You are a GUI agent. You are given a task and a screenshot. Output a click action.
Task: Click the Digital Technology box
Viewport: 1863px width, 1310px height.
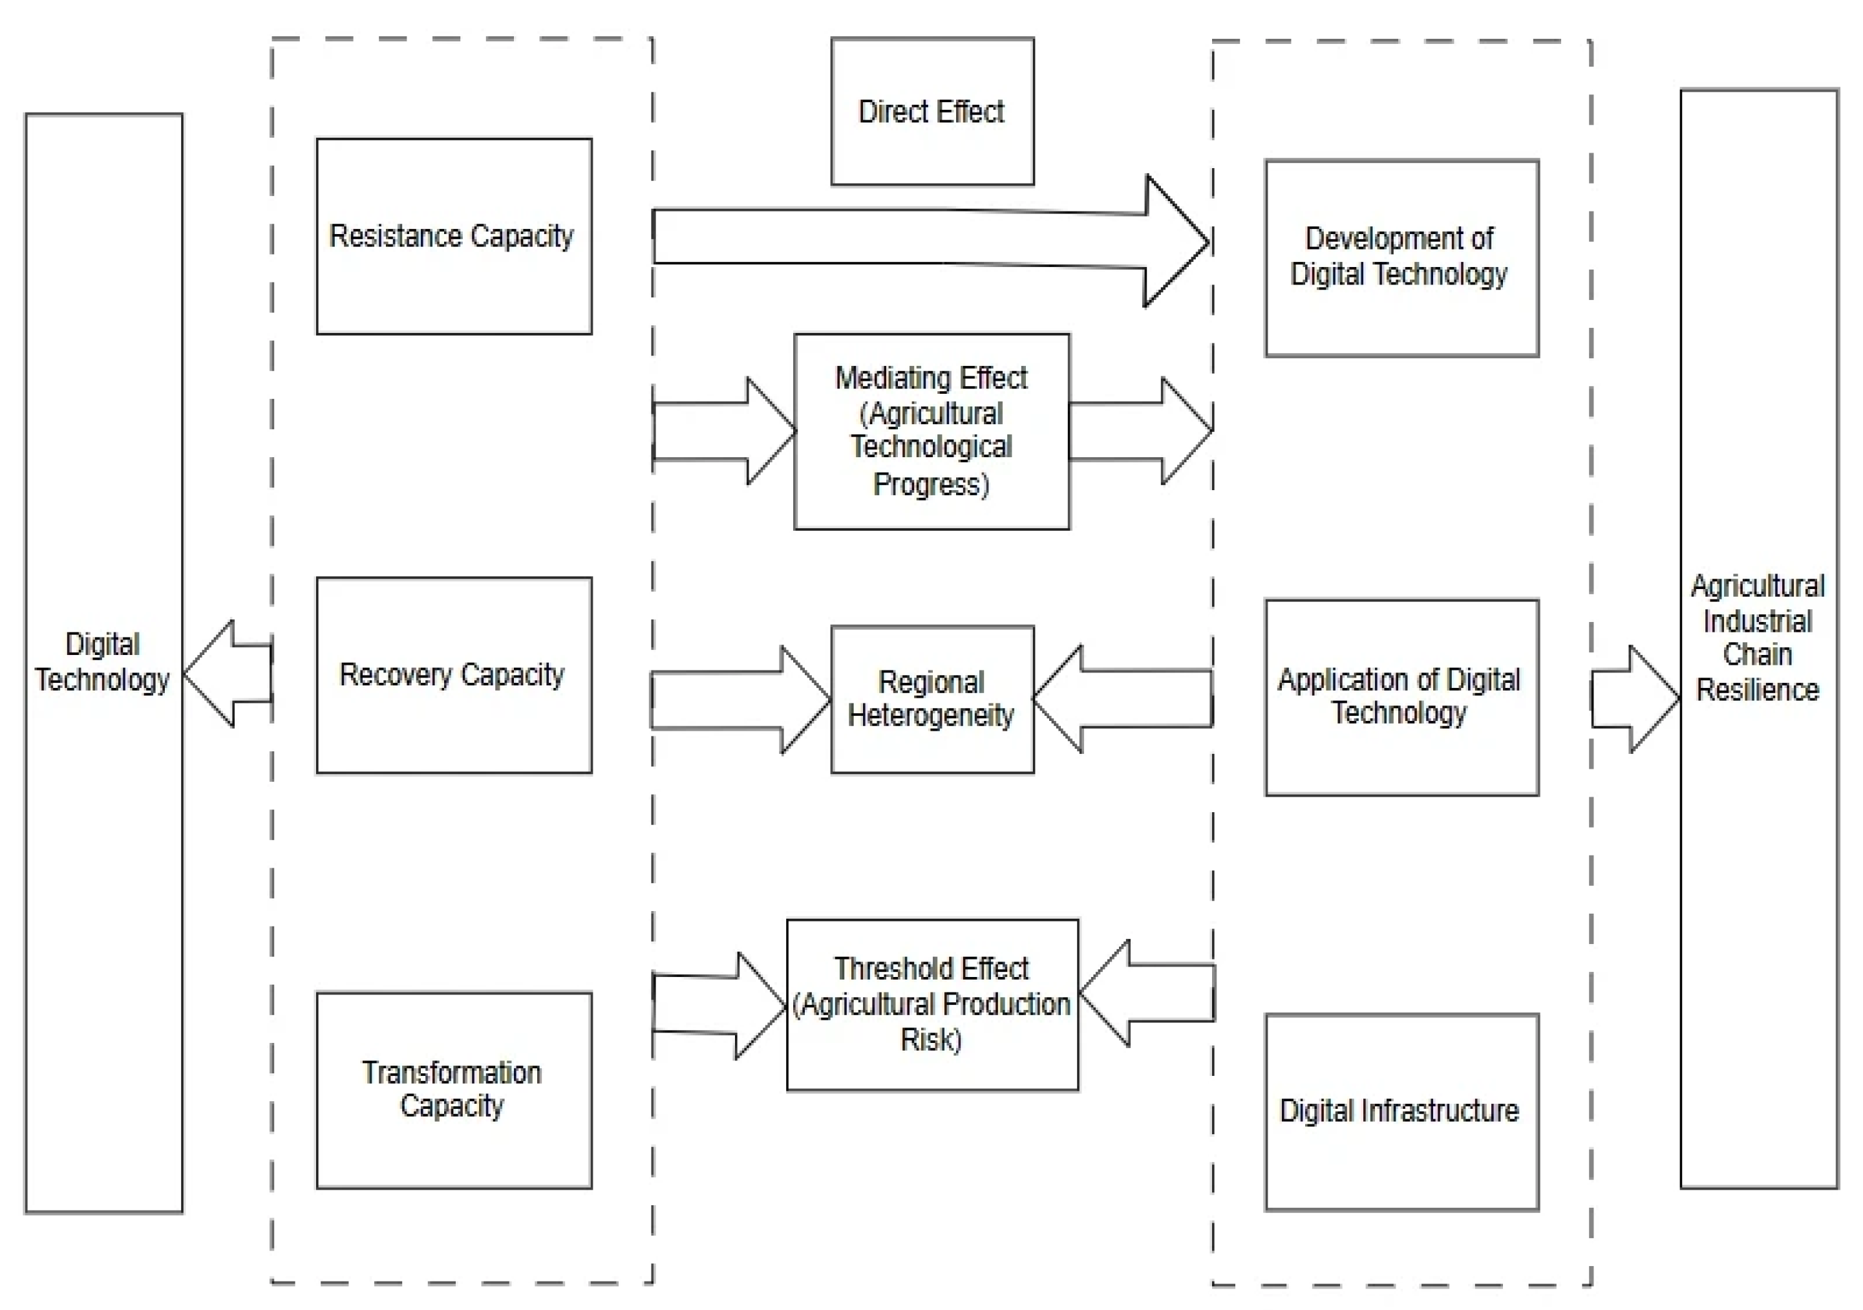[x=104, y=663]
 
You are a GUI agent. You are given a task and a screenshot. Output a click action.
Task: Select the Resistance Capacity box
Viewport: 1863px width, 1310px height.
[x=454, y=236]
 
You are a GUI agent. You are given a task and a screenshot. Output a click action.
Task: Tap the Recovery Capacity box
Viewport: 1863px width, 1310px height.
[x=454, y=675]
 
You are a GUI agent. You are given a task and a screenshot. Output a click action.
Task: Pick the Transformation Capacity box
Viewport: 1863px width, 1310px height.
[x=454, y=1090]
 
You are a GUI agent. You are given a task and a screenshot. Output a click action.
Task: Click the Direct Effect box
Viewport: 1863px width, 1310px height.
[x=932, y=111]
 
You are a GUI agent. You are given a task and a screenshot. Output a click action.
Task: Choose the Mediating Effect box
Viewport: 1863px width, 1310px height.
[x=932, y=431]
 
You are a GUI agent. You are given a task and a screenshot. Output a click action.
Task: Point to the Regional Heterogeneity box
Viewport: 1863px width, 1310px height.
[x=932, y=699]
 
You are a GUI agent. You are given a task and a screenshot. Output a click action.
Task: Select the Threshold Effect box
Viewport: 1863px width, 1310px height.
[x=932, y=1005]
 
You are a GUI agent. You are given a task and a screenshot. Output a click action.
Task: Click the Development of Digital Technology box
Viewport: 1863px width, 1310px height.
[x=1401, y=258]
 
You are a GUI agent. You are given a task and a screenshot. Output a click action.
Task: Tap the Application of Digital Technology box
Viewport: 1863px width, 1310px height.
[x=1401, y=697]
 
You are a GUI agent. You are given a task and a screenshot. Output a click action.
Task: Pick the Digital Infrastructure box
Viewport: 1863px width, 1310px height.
[x=1401, y=1112]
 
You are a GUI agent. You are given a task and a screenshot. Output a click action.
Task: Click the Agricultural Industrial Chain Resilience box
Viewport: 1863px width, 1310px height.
[x=1759, y=639]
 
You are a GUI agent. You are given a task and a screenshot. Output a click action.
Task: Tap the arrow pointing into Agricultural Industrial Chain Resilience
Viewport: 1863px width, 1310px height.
[x=1635, y=699]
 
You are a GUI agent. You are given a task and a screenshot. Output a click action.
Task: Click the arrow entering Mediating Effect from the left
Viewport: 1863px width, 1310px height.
[x=724, y=431]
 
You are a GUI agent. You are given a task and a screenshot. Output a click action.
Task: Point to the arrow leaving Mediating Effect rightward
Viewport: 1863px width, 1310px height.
[x=1141, y=431]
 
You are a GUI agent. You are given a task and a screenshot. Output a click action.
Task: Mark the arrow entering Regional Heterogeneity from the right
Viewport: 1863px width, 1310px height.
[x=1123, y=699]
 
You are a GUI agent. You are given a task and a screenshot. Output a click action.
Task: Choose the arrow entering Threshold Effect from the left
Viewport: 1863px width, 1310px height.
[x=719, y=1005]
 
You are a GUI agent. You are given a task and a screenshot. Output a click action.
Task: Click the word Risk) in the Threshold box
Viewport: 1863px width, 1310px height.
[x=931, y=1040]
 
